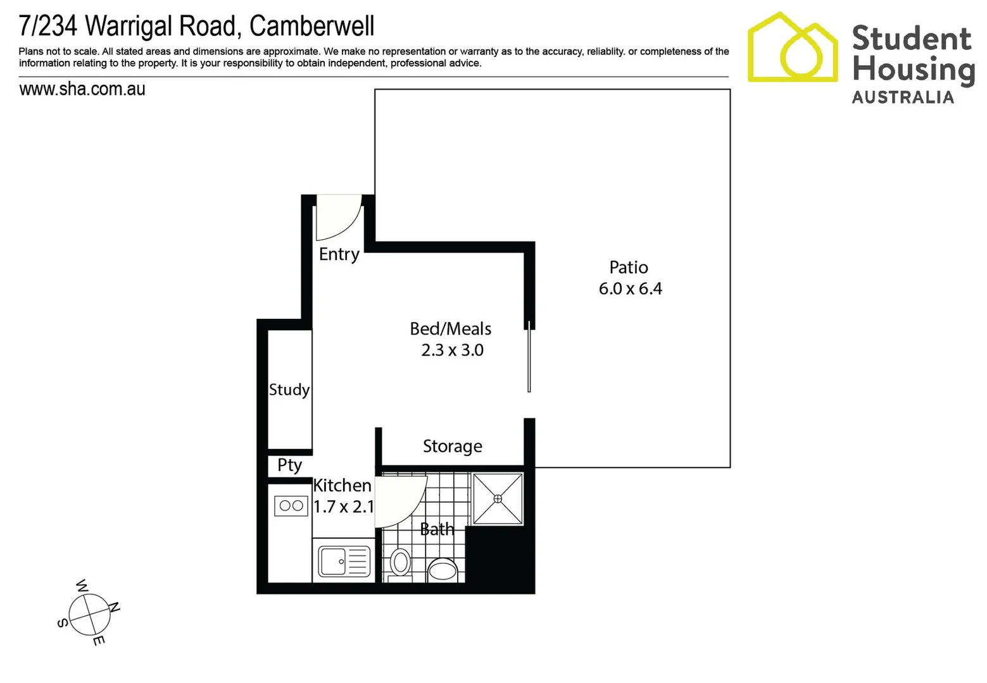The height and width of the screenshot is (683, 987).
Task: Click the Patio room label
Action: tap(628, 268)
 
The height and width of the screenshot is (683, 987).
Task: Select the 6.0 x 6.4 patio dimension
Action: tap(630, 289)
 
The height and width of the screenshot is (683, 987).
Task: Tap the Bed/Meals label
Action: tap(450, 329)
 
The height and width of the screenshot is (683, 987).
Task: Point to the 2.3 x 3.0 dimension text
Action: tap(452, 350)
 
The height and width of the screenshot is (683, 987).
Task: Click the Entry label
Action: tap(339, 254)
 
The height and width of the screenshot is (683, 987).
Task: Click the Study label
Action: tap(289, 390)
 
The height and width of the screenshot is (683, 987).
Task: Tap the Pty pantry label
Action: tap(289, 465)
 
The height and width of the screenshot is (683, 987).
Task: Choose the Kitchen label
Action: tap(342, 486)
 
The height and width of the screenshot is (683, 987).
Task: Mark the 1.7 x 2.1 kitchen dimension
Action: tap(343, 507)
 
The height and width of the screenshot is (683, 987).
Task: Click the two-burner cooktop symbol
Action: tap(291, 506)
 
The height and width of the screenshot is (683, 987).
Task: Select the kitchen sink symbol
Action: tap(344, 561)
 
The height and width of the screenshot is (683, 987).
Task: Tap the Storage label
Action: tap(452, 446)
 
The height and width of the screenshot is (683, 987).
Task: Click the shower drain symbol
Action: tap(498, 498)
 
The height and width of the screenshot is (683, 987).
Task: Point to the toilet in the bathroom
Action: tap(400, 562)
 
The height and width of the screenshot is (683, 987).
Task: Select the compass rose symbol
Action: tap(90, 613)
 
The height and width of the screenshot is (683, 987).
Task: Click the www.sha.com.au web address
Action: tap(82, 89)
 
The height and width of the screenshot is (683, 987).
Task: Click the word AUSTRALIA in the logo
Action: tap(902, 97)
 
